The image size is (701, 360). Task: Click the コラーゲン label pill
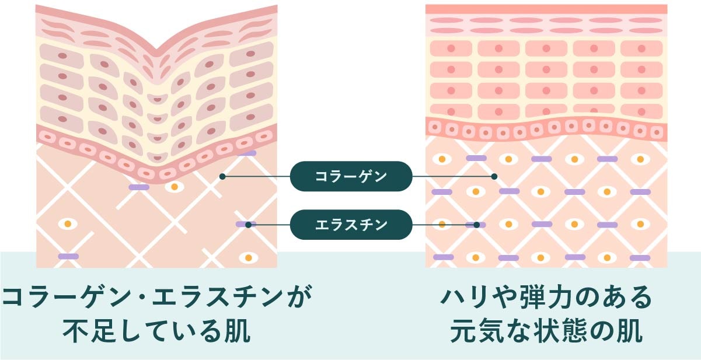point(351,176)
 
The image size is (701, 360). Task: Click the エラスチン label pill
point(351,225)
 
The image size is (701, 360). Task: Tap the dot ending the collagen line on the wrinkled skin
point(222,176)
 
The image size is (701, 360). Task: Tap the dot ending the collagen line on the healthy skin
point(494,176)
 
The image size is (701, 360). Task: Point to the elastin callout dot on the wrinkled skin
point(248,225)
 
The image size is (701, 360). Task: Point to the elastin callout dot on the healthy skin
point(476,225)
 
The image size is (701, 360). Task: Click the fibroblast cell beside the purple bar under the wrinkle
point(173,187)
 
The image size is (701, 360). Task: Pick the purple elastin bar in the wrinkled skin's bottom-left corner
point(68,257)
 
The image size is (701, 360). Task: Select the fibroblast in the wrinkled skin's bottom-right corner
point(249,257)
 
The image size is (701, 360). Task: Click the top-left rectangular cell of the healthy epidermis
point(451,48)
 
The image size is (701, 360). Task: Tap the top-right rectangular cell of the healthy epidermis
point(641,48)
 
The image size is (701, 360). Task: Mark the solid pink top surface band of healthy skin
point(546,9)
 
